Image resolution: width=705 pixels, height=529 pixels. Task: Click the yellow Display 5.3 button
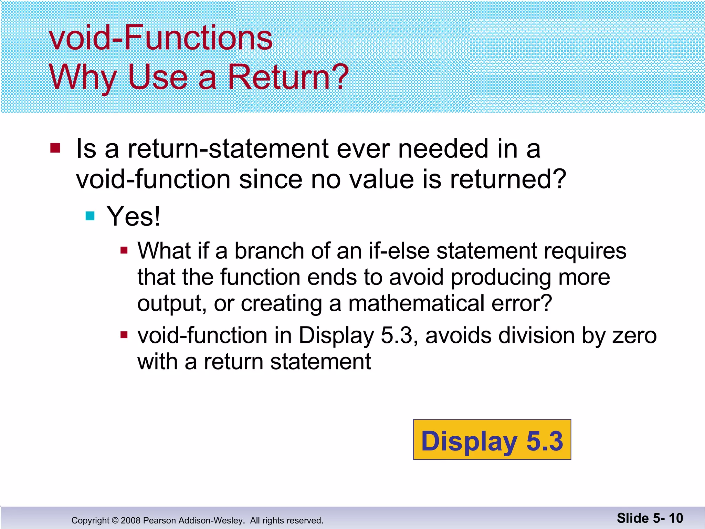492,440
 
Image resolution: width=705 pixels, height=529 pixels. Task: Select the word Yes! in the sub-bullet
133,216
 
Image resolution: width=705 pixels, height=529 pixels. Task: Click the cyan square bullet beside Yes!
90,216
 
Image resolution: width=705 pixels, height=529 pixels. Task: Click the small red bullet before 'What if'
124,250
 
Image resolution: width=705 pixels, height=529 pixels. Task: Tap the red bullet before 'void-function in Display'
124,335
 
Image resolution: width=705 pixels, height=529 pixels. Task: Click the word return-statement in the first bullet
228,149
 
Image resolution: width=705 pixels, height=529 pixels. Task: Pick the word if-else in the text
399,251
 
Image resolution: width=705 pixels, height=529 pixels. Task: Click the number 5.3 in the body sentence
396,335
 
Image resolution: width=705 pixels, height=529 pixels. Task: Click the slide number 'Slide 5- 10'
650,518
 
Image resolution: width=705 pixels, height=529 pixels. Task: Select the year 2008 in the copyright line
130,520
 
